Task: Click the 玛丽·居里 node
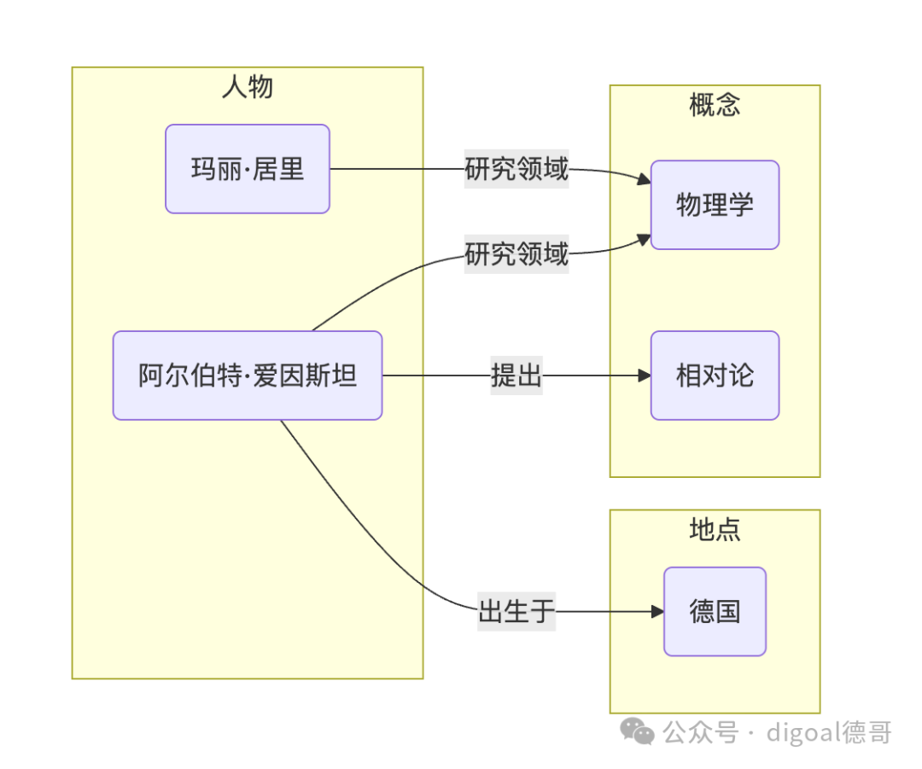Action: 248,169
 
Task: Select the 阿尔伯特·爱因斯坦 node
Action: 248,375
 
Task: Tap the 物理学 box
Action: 715,205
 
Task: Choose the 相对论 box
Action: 715,375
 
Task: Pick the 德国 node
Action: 715,611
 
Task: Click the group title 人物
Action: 248,86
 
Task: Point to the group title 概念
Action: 715,105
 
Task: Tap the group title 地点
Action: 715,529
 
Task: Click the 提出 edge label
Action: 516,375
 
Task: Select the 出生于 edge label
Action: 516,611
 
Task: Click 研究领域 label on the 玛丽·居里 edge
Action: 516,169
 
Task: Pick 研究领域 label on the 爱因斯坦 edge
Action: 516,254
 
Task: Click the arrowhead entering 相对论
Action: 645,375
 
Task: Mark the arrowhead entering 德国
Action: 657,611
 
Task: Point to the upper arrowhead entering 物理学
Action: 645,178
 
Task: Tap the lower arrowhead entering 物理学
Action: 645,239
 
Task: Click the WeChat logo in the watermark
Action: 638,731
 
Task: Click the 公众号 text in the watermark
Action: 700,732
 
